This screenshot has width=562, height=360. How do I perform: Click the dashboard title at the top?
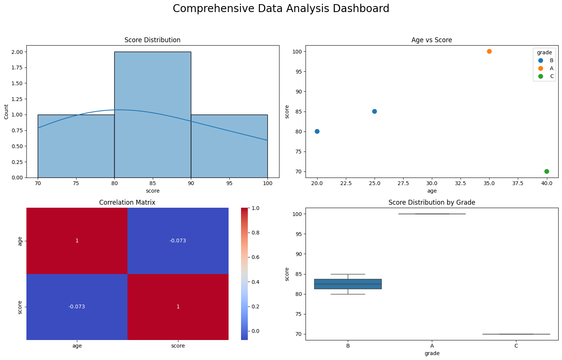pos(281,9)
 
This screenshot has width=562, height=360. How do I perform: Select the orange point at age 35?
pos(489,51)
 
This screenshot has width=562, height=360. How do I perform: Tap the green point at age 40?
pos(547,172)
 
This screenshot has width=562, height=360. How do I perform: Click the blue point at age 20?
pos(317,132)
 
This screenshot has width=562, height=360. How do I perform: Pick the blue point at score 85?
pos(375,112)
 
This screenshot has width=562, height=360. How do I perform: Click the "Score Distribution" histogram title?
pos(152,40)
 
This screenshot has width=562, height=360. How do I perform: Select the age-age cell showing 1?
pos(77,241)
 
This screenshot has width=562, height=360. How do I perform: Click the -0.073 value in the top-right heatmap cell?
pos(178,241)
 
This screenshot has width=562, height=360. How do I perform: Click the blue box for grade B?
pos(348,284)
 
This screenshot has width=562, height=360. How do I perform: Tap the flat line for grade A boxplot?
pos(432,214)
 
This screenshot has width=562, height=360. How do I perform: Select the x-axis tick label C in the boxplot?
pos(516,346)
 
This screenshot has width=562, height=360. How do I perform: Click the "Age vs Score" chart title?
pos(431,40)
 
